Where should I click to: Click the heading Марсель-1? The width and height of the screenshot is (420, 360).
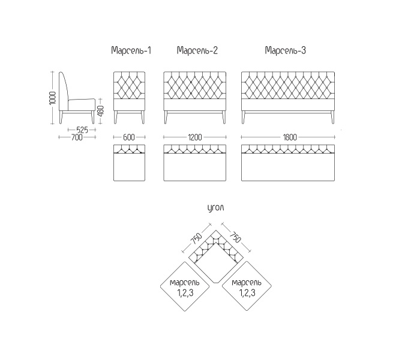coord(131,50)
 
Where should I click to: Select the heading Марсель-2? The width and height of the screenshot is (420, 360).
coord(197,50)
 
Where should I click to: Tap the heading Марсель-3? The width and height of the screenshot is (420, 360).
coord(285,50)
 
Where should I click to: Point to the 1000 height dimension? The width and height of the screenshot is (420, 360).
coord(53,98)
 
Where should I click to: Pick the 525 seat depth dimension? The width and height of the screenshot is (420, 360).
coord(82,130)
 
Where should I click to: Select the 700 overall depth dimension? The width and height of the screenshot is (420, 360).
coord(77,137)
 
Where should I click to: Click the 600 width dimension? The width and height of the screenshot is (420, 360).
coord(129,137)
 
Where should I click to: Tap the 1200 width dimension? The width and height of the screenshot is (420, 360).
coord(195,137)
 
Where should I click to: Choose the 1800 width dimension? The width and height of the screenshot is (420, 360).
coord(290,137)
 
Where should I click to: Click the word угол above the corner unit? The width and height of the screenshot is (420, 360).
coord(215,208)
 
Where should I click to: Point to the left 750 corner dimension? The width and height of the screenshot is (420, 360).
coord(196,239)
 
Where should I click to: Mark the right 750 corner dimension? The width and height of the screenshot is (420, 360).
coord(235,237)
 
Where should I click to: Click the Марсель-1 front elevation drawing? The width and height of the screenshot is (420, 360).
coord(130,98)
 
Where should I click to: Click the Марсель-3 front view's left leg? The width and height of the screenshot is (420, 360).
coord(244,118)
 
